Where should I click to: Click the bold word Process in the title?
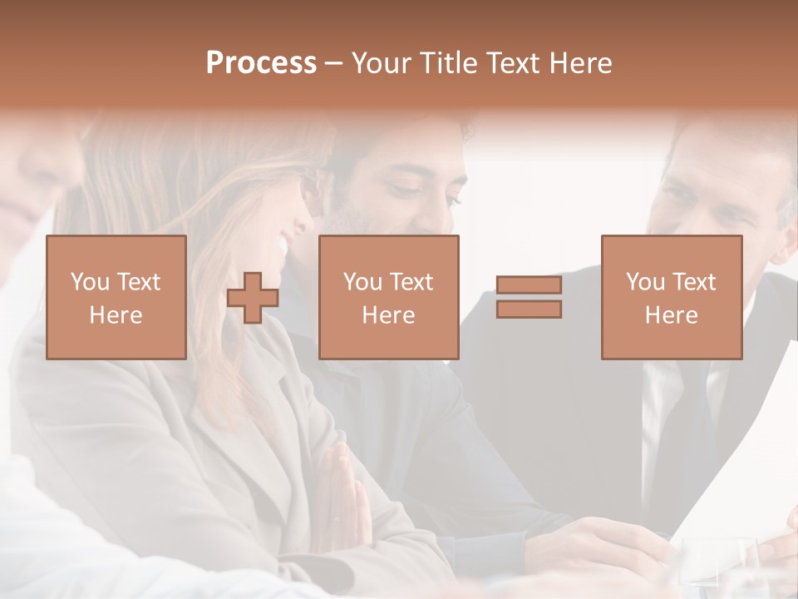[261, 63]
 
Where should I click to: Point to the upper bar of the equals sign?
[529, 285]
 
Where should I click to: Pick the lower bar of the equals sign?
[529, 309]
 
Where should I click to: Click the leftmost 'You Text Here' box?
[116, 297]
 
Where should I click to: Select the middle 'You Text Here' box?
[389, 297]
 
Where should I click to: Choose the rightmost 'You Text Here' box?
[672, 297]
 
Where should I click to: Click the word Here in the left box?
[116, 315]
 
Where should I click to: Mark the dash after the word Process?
[333, 63]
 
